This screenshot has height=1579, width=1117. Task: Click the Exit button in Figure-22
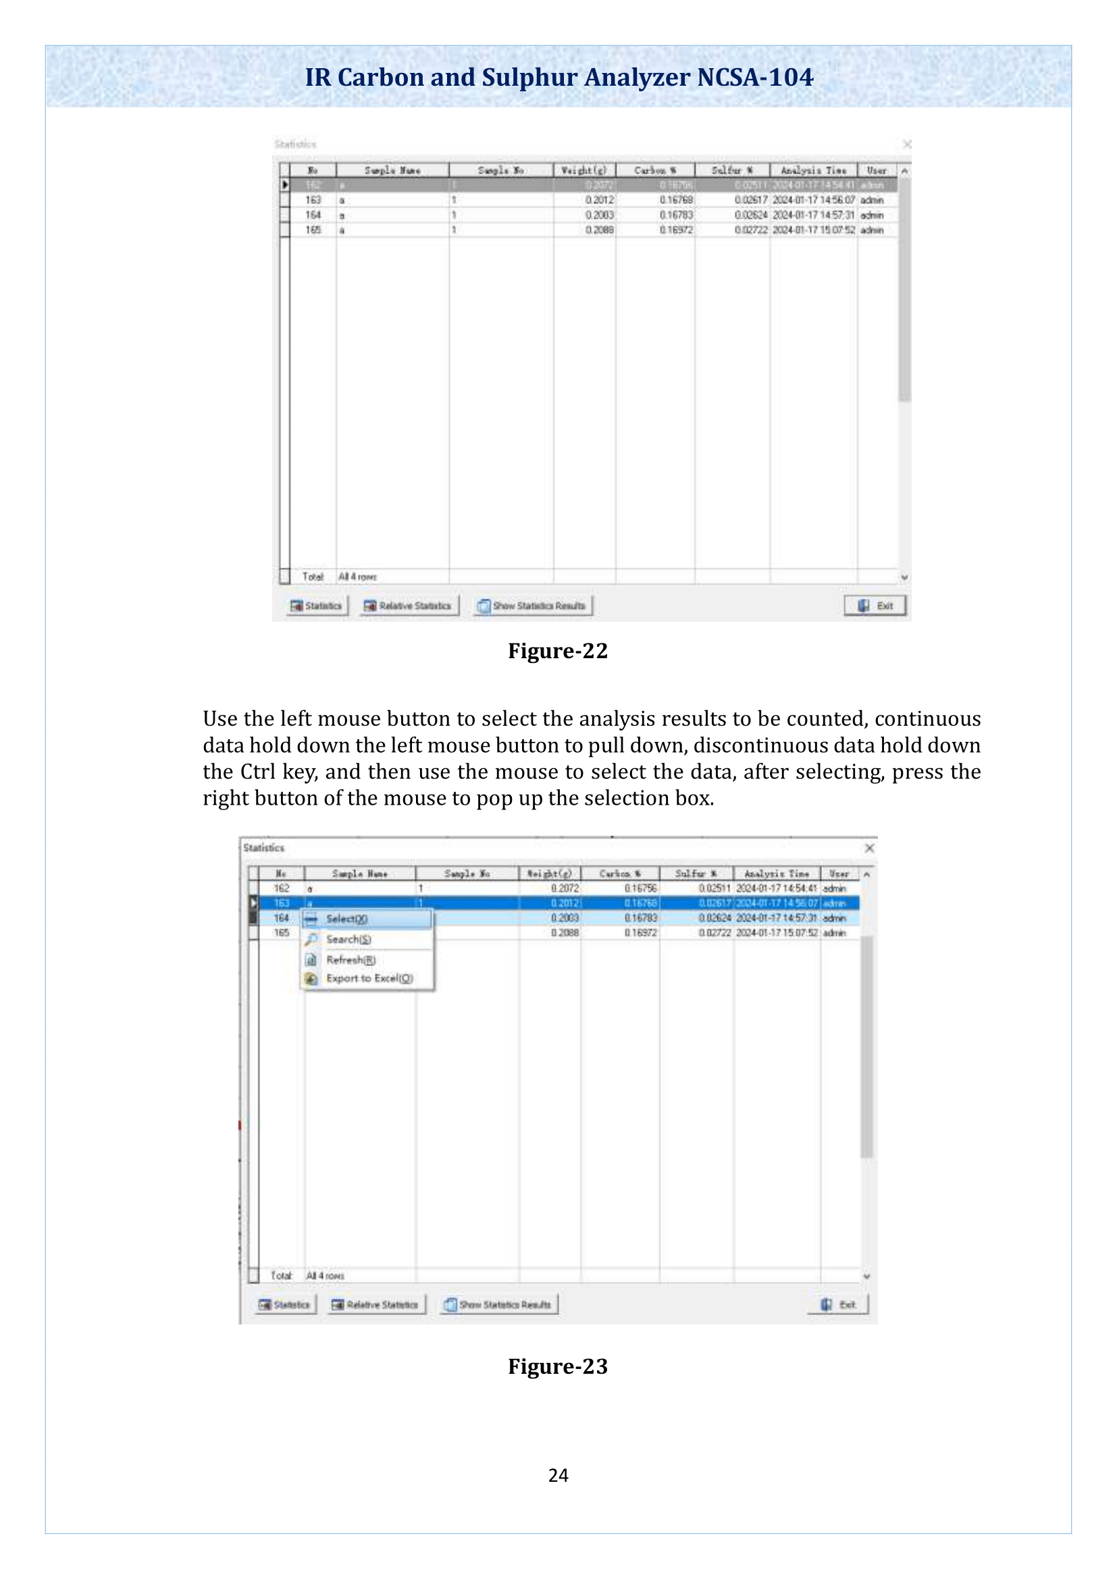(x=875, y=605)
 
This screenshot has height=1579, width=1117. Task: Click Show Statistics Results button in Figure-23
(x=499, y=1305)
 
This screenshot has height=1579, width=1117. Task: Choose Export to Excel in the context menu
(x=369, y=979)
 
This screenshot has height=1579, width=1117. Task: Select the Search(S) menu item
(x=348, y=940)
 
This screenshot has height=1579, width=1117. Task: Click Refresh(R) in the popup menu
(x=350, y=960)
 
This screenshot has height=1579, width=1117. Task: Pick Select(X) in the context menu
(x=346, y=919)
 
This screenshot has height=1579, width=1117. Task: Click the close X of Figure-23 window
(x=869, y=848)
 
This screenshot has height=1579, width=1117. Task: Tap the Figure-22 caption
(x=558, y=651)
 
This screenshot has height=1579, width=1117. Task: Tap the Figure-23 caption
(x=558, y=1366)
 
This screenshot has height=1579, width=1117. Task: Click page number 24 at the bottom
(x=558, y=1475)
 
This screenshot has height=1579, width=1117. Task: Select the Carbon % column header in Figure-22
(x=655, y=170)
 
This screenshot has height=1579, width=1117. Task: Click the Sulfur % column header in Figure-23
(x=696, y=874)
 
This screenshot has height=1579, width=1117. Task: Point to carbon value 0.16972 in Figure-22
(x=676, y=230)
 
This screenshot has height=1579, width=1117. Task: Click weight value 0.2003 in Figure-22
(x=599, y=215)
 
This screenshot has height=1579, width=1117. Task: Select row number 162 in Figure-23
(x=282, y=888)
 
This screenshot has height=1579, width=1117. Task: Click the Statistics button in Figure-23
(x=285, y=1305)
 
